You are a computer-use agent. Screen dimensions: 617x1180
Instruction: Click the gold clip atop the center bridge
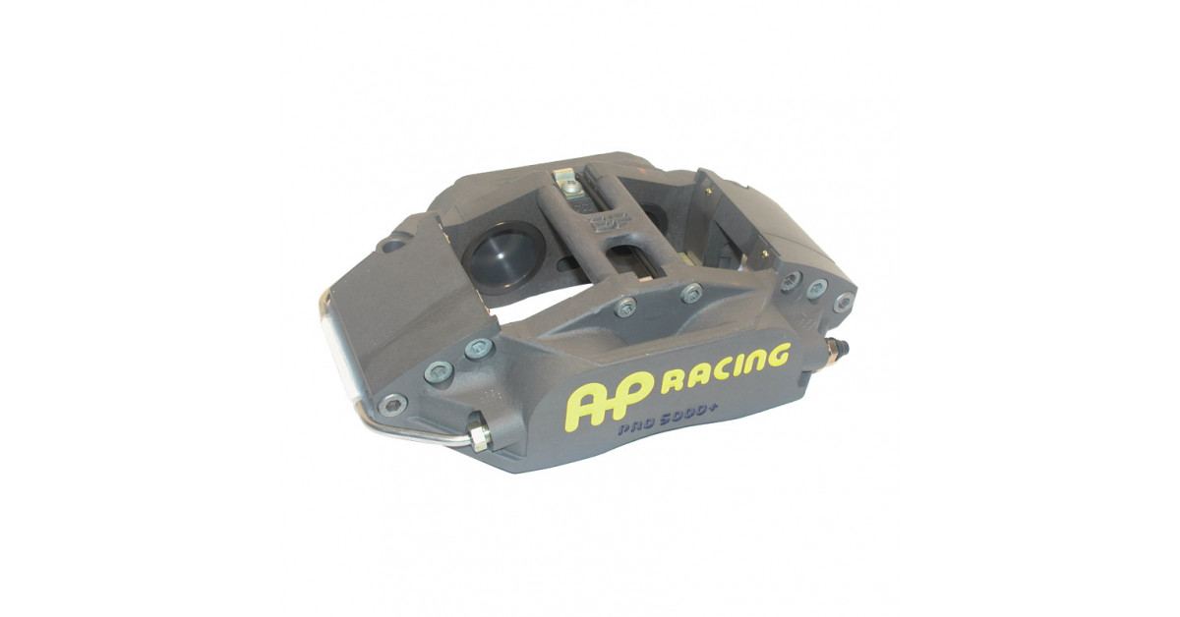(x=567, y=182)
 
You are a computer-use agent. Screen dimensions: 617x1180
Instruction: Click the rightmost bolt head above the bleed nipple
(x=843, y=302)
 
